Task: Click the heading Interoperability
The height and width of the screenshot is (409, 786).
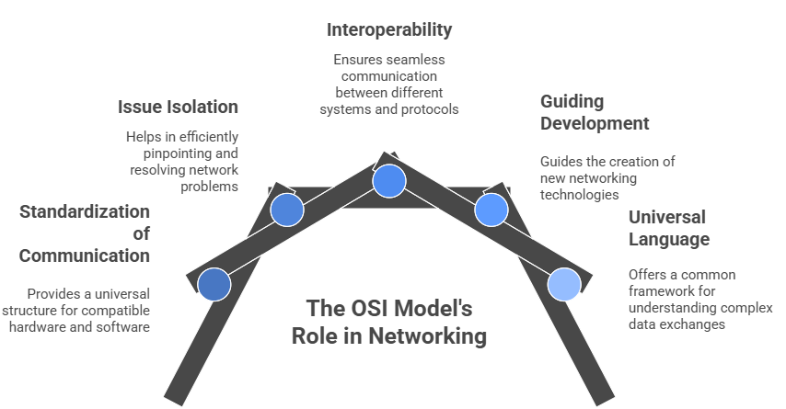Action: tap(389, 29)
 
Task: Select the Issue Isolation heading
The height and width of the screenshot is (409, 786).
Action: tap(178, 107)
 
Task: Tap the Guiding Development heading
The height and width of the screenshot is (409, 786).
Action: tap(595, 112)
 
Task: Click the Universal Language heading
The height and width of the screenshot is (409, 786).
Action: tap(668, 228)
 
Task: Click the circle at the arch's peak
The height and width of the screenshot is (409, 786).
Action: tap(389, 180)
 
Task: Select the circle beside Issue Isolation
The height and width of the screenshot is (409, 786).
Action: tap(287, 210)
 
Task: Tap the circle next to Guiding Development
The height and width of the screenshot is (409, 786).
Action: tap(491, 210)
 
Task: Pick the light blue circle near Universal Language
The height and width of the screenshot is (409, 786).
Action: tap(564, 284)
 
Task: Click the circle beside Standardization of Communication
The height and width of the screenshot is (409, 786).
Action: tap(214, 284)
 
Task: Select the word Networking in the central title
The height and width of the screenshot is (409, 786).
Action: tap(428, 336)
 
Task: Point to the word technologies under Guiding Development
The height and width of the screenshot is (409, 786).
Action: tap(579, 194)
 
